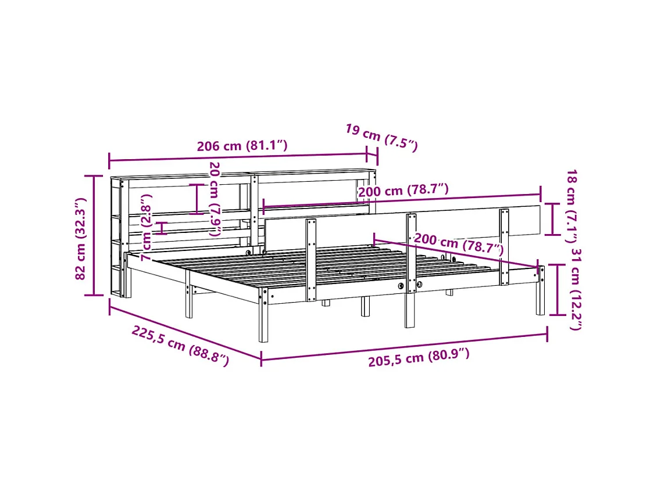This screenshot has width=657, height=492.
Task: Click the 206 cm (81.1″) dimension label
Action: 242,146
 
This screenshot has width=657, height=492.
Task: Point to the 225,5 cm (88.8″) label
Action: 180,346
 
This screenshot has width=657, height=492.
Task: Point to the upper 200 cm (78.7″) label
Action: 404,190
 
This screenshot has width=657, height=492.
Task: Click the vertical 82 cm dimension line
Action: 94,235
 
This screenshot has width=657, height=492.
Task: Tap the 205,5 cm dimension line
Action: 404,346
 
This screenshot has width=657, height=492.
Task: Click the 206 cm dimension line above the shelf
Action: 238,157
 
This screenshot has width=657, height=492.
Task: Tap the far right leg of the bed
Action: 540,290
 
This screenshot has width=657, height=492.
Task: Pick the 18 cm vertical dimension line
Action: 552,218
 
